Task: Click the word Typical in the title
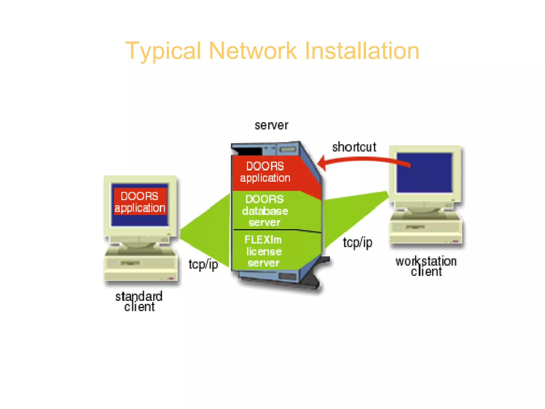(x=163, y=51)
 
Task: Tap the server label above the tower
(x=271, y=125)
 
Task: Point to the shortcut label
(x=354, y=147)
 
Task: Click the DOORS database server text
(x=265, y=211)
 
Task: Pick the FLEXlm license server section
(x=263, y=251)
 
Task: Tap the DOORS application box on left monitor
(x=140, y=202)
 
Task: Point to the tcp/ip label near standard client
(x=203, y=264)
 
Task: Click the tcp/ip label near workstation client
(x=357, y=243)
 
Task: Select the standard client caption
(x=139, y=301)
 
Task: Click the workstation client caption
(x=426, y=266)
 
